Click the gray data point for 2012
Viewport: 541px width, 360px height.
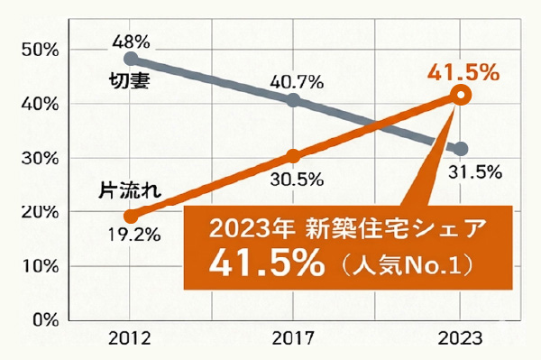(132, 60)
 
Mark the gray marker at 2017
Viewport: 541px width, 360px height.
(293, 99)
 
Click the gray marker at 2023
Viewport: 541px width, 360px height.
(461, 149)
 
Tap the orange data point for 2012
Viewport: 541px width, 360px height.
(132, 216)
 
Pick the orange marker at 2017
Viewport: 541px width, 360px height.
(293, 155)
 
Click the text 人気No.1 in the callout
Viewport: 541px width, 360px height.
(400, 267)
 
